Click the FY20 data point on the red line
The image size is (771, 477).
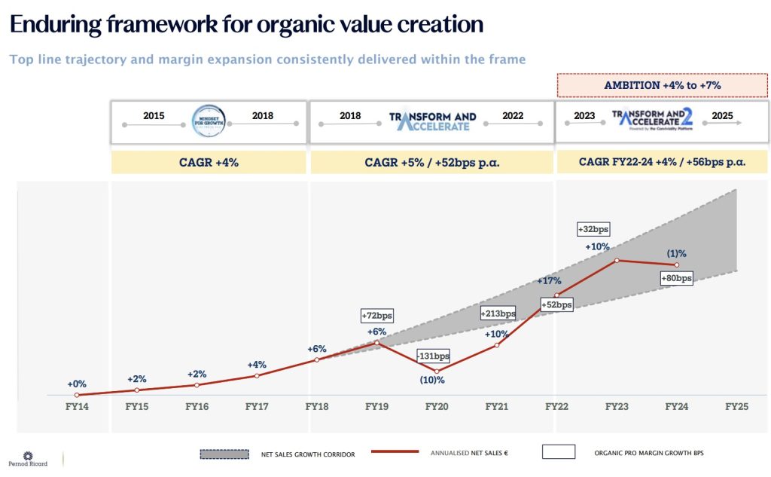[x=437, y=372]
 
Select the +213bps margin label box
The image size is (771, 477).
[x=498, y=313]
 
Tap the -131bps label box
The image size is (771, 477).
[x=434, y=356]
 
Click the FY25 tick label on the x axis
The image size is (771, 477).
[x=736, y=406]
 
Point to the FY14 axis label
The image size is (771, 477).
[x=77, y=406]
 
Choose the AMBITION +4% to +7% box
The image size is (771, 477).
[x=663, y=85]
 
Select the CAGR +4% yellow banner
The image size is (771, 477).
[x=209, y=162]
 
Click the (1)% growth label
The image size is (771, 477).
[x=676, y=254]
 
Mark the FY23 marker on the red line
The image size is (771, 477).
[x=617, y=260]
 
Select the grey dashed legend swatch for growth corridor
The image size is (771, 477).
[x=224, y=454]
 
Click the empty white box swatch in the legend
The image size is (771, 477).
[x=558, y=452]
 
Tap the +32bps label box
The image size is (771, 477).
[x=594, y=228]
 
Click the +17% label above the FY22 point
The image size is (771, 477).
[x=550, y=281]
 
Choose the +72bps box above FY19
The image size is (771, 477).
[x=377, y=316]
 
